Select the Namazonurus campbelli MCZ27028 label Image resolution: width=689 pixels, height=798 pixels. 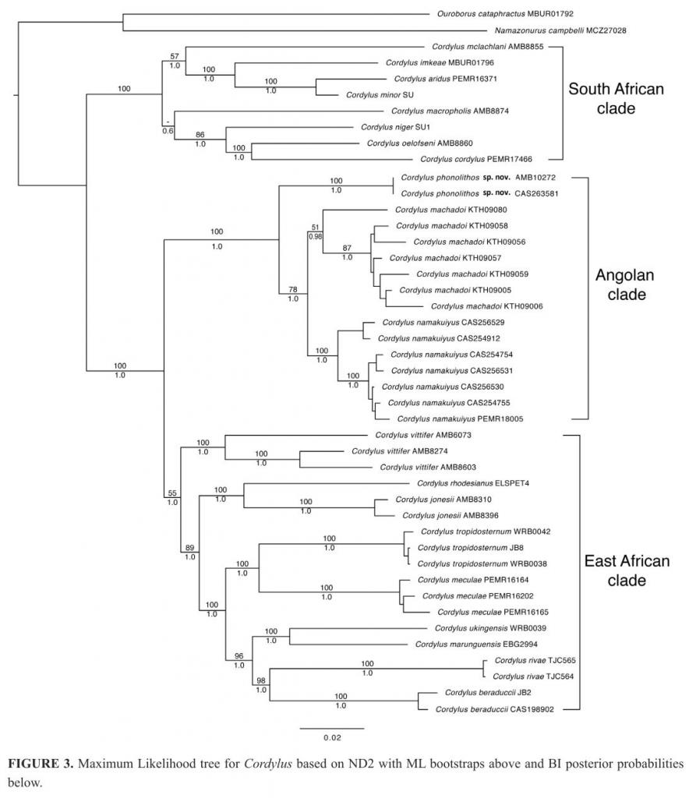[539, 30]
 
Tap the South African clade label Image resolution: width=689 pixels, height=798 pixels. [616, 98]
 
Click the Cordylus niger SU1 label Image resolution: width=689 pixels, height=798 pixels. [396, 127]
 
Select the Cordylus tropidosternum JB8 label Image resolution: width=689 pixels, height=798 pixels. [458, 548]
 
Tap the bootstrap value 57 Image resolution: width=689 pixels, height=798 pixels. [175, 56]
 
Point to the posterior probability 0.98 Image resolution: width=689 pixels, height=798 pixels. [315, 236]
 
